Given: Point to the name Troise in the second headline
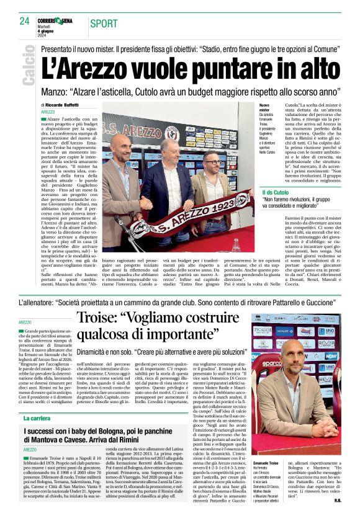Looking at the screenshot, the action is coord(105,321).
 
